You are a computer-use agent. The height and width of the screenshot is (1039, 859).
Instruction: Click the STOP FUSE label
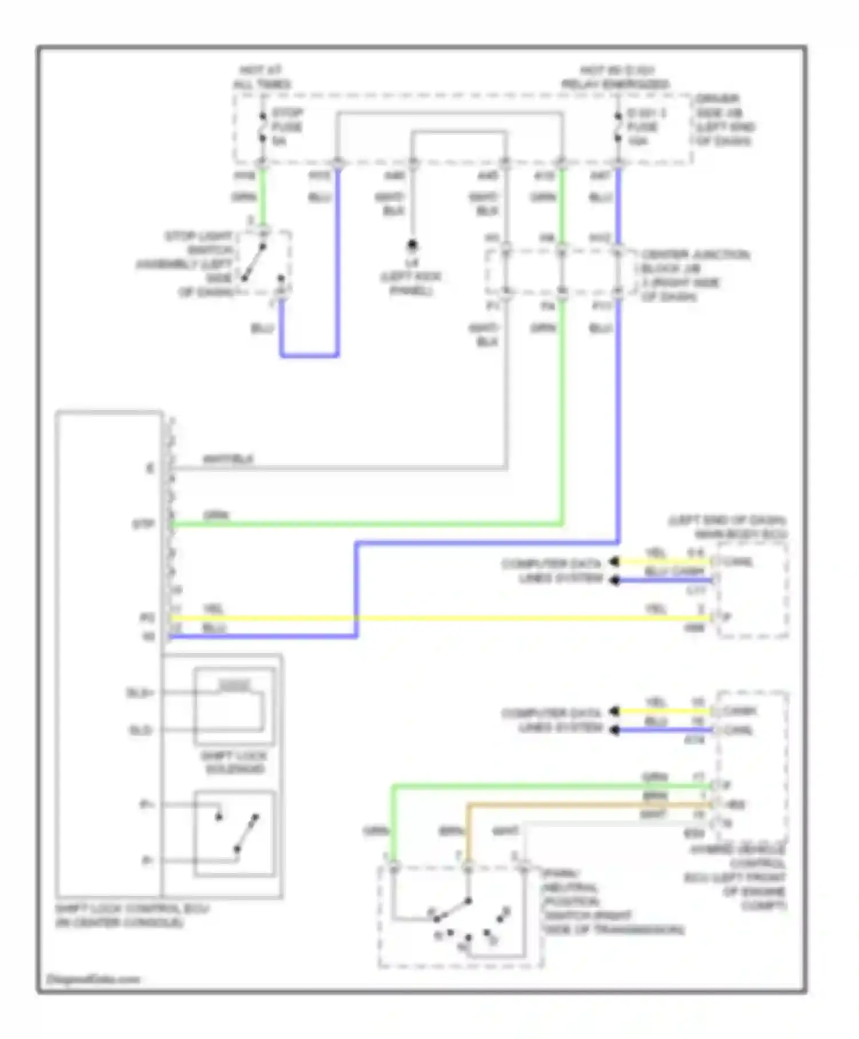click(287, 127)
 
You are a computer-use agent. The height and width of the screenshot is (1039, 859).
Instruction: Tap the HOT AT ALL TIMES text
click(261, 77)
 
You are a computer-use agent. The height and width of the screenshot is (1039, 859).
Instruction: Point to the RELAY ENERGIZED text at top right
click(615, 84)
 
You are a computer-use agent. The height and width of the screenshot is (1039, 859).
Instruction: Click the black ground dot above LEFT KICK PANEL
click(411, 246)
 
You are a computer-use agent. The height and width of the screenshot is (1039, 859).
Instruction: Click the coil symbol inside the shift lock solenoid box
click(235, 685)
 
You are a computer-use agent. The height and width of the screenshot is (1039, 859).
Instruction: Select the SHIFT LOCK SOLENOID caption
click(234, 762)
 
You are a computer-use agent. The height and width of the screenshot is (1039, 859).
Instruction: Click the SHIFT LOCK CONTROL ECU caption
click(132, 915)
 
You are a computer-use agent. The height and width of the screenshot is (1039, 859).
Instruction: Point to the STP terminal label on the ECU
click(143, 524)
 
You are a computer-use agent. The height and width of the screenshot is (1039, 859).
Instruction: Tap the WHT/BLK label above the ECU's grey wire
click(228, 459)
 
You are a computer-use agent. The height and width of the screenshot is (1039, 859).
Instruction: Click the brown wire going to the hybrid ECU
click(573, 805)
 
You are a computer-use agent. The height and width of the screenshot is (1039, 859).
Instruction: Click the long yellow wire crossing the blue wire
click(458, 618)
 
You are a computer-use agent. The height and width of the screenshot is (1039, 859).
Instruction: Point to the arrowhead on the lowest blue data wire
click(614, 730)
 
